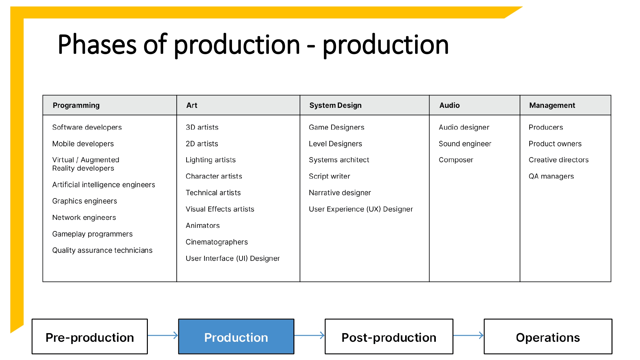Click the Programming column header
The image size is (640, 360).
tap(76, 105)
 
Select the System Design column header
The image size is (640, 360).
tap(335, 105)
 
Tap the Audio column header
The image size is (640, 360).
tap(449, 105)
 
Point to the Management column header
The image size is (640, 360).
tap(552, 105)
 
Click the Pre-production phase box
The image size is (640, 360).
tap(90, 337)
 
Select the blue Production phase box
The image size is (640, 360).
tap(236, 337)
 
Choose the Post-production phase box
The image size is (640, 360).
tap(389, 337)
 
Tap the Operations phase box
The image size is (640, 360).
tap(548, 337)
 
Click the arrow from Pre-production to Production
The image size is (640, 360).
tap(163, 335)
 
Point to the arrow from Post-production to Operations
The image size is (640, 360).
tap(468, 335)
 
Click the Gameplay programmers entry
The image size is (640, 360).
tap(92, 234)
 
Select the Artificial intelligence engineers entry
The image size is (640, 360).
tap(103, 185)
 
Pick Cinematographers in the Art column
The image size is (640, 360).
tap(217, 242)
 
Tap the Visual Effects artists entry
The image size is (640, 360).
tap(220, 209)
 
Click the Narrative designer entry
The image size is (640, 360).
tap(340, 193)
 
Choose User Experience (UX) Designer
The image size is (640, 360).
tap(361, 209)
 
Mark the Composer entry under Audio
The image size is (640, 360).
tap(456, 160)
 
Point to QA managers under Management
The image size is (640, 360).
tap(551, 176)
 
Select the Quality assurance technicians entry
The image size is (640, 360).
tap(102, 250)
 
